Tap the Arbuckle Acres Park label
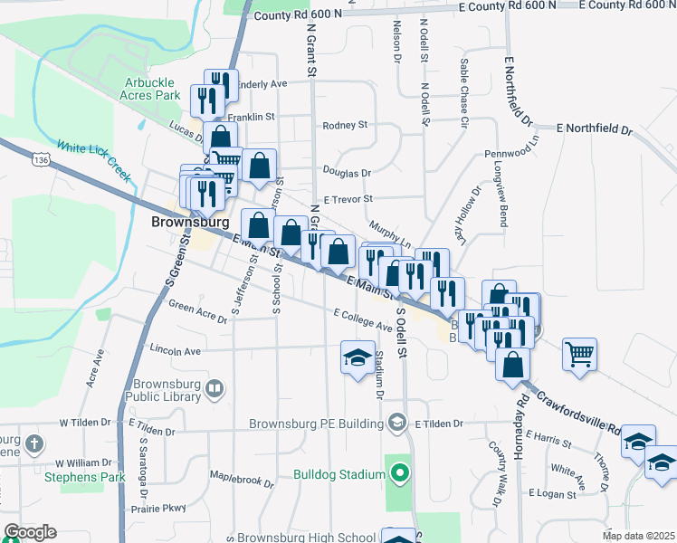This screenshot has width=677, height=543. point(155,88)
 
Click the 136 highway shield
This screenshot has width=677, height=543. point(40,159)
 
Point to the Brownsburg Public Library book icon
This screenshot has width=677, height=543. point(215,390)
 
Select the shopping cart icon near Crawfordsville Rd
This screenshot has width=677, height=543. point(579,354)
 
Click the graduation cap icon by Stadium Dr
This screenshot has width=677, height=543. point(357,357)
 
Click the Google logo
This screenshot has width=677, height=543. point(30,532)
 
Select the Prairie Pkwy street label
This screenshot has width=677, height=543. point(160,508)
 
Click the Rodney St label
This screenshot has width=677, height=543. point(346,126)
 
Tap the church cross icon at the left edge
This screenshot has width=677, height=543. point(34,444)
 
